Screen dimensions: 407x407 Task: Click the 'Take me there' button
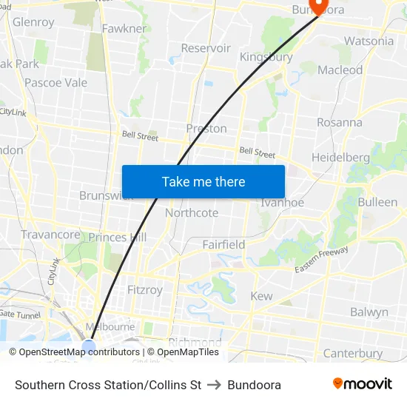[x=203, y=181]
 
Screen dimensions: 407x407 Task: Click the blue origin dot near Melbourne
[x=89, y=347]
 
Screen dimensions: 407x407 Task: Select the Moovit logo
[x=362, y=384]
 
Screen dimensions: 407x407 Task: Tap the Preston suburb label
[x=206, y=128]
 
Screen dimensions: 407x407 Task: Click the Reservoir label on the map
[x=206, y=48]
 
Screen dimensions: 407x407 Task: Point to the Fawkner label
[x=124, y=29]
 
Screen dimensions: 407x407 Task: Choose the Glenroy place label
[x=33, y=22]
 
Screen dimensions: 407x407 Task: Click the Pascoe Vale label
[x=55, y=82]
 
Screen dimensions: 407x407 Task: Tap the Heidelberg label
[x=340, y=158]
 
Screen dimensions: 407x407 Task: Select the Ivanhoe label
[x=282, y=202]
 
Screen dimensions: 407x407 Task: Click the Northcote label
[x=192, y=213]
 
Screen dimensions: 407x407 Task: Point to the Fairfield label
[x=223, y=244]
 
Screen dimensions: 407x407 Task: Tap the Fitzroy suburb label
[x=144, y=289]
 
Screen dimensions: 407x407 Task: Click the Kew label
[x=261, y=296]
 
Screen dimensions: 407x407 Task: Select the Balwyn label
[x=369, y=312]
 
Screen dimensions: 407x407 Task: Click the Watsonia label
[x=369, y=41]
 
